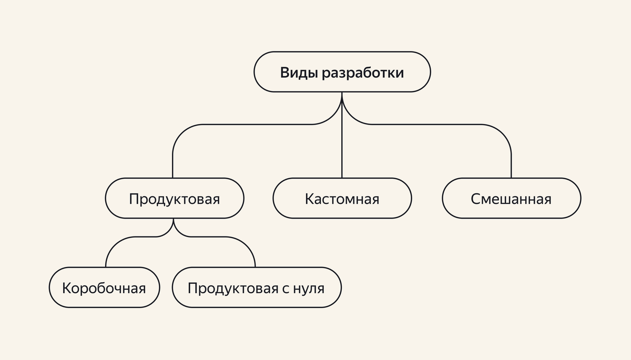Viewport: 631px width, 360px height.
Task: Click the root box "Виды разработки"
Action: tap(342, 72)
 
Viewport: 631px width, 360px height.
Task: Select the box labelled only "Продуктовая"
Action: tap(175, 199)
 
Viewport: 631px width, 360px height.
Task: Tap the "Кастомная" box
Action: tap(342, 199)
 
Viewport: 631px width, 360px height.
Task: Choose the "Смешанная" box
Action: tap(511, 199)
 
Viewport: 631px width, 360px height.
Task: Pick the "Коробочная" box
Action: tap(104, 287)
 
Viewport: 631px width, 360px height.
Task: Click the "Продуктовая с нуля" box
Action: tap(256, 287)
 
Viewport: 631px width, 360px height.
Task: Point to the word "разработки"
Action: tap(363, 73)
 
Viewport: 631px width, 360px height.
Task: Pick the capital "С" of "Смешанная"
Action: tap(475, 199)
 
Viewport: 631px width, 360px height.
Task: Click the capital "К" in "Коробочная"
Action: tap(66, 288)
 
